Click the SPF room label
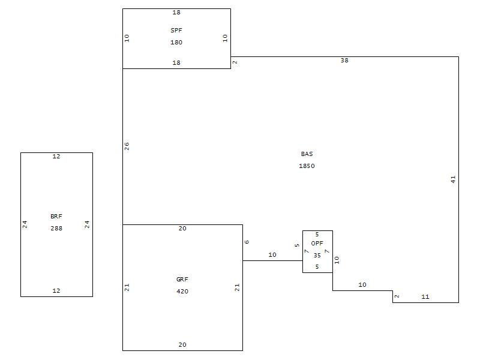176,29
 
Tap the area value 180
176,43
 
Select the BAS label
307,154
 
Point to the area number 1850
307,166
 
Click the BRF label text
56,217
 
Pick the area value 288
56,229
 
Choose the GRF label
182,280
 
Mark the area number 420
182,292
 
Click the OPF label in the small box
317,243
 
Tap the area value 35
317,255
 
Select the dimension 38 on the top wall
344,61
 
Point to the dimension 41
454,179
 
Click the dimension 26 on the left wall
127,146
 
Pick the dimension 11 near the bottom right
425,297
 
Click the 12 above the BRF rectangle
56,157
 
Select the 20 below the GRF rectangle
182,345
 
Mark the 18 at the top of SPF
176,13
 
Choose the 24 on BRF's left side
25,224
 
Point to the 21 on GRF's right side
238,287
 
